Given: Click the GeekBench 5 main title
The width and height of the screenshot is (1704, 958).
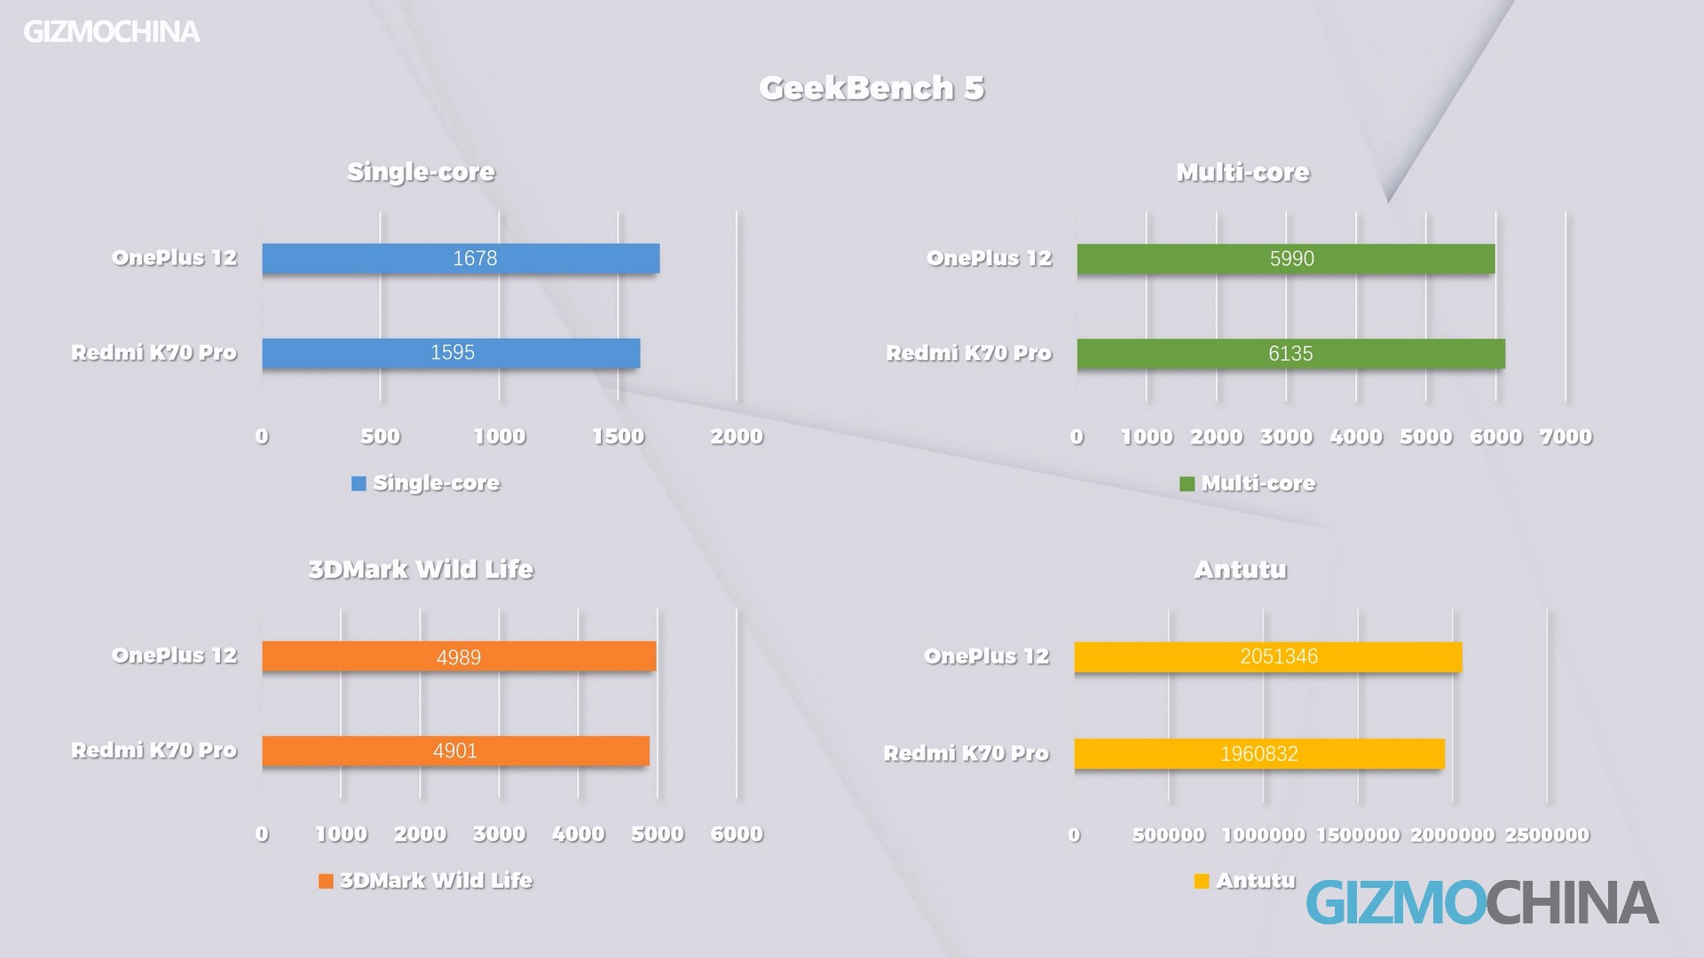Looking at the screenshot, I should coord(872,88).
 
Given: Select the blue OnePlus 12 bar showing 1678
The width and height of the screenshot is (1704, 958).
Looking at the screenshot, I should coord(461,258).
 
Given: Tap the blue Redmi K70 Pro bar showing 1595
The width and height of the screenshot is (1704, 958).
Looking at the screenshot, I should coord(451,353).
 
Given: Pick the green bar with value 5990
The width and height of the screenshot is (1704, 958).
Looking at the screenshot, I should coord(1286,259).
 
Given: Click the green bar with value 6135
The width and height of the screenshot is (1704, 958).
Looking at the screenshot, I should coord(1290,354).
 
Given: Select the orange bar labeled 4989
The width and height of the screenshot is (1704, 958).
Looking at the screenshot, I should coord(459,656).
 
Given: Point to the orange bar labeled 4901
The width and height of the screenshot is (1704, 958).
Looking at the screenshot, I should coord(455,751).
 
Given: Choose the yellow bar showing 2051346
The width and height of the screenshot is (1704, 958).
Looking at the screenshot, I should coord(1267,657).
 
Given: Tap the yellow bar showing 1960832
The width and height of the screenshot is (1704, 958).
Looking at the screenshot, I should coord(1258,754).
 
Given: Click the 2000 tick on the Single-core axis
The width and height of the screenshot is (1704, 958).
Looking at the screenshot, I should coord(737,436).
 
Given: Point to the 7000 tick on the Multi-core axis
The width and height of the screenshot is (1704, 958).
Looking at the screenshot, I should coord(1566,436).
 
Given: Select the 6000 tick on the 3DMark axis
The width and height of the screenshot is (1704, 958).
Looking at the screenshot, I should coord(737,834).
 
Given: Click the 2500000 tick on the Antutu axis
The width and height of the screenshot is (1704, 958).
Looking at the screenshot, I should coord(1547,835).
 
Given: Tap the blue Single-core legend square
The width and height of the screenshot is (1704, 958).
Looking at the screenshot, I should coord(359,483).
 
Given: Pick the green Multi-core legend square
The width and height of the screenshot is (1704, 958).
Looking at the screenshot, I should coord(1187,483).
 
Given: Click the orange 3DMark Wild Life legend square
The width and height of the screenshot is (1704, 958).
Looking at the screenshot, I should coord(326,881).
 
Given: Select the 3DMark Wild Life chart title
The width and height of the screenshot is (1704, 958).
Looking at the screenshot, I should coord(421,569).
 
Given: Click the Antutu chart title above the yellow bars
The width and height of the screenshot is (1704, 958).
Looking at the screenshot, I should coord(1240,569).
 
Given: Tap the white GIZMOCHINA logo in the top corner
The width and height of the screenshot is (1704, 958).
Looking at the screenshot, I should coord(112,32).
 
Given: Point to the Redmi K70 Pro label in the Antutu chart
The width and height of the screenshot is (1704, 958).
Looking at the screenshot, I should coord(966,754).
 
